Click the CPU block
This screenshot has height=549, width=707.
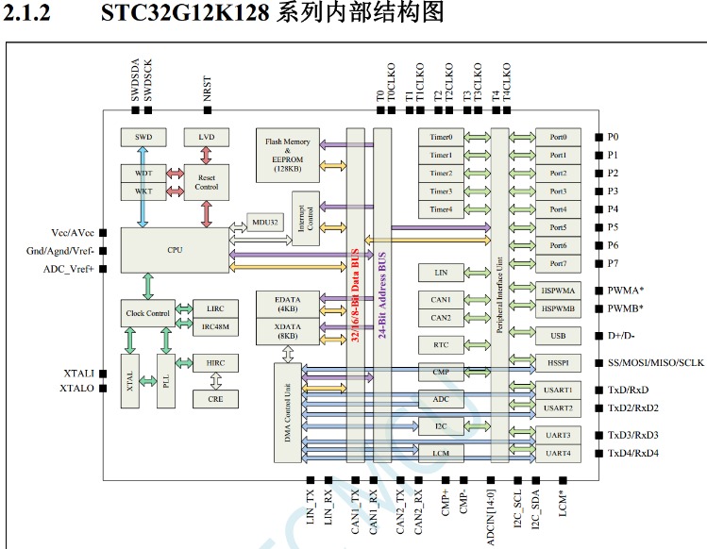(175, 250)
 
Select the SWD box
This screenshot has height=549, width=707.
(143, 137)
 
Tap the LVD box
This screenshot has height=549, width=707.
(207, 137)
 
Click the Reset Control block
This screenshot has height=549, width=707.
(207, 182)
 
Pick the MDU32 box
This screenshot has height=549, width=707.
(265, 223)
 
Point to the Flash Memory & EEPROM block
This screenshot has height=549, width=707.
(288, 155)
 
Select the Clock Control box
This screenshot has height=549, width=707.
(148, 313)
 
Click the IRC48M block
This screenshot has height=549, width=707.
(215, 326)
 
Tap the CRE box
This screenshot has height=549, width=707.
(215, 399)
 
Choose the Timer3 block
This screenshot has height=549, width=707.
(441, 191)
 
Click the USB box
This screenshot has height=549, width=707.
(558, 336)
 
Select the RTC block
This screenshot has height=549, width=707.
(441, 345)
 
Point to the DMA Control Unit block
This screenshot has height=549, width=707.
(288, 412)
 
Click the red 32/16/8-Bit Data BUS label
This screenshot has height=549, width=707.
(355, 295)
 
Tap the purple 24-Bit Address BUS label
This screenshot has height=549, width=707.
(382, 295)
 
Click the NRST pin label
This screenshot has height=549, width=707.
(207, 89)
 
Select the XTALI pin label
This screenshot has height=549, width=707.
(79, 374)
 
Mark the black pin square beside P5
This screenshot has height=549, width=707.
(598, 227)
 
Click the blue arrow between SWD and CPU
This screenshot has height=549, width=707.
(143, 187)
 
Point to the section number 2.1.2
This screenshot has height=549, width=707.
(26, 12)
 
